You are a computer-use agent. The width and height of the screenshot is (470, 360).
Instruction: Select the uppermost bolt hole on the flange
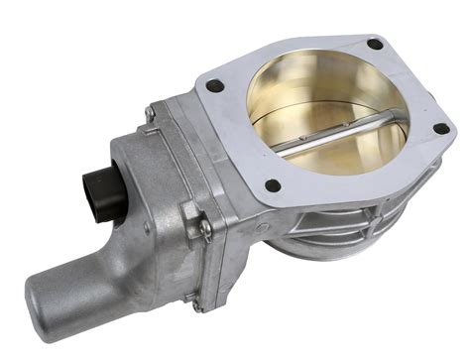(374, 45)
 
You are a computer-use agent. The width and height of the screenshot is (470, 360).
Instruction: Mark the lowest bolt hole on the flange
(273, 184)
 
